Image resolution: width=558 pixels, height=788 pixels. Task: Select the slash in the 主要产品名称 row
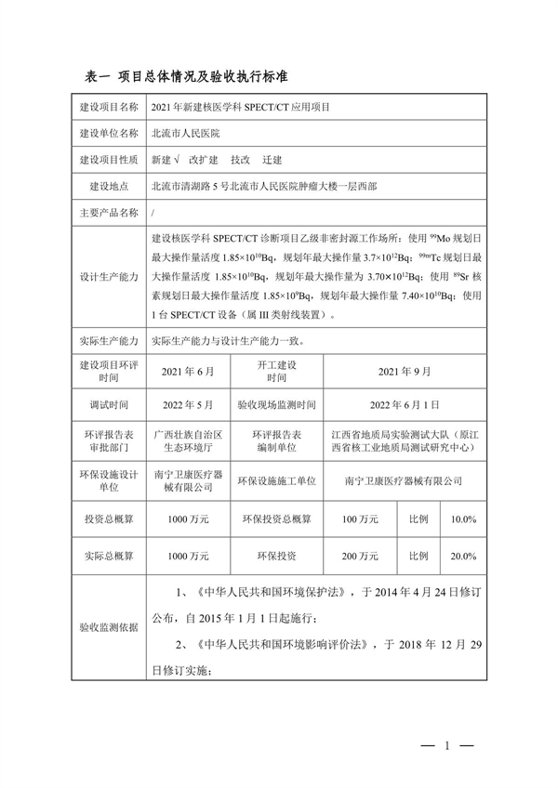(x=153, y=212)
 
